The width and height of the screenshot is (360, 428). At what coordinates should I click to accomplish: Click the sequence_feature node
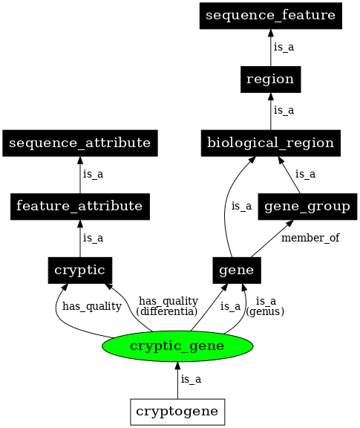[x=270, y=15]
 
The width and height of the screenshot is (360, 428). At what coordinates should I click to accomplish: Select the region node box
[x=270, y=79]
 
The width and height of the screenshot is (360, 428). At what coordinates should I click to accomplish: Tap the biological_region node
[x=270, y=142]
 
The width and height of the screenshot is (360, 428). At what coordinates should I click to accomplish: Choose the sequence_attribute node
[x=79, y=142]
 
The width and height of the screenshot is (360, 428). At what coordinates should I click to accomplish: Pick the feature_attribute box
[x=79, y=205]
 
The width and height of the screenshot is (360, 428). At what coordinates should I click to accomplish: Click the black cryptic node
[x=79, y=269]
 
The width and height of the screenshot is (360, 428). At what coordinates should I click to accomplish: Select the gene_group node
[x=306, y=205]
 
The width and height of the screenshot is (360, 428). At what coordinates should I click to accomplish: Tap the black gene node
[x=237, y=269]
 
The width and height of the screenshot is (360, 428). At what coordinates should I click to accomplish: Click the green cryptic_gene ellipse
[x=177, y=346]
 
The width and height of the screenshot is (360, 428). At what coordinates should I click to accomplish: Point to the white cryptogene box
[x=177, y=410]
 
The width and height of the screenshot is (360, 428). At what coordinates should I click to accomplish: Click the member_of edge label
[x=310, y=239]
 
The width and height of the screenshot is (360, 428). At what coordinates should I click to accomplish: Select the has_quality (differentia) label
[x=168, y=305]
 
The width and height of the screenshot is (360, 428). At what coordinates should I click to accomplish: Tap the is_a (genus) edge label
[x=265, y=305]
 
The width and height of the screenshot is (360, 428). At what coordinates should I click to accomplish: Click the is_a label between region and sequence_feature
[x=284, y=47]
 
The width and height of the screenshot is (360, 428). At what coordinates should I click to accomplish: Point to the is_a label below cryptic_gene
[x=191, y=379]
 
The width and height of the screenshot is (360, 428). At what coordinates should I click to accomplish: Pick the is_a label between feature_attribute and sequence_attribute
[x=93, y=175]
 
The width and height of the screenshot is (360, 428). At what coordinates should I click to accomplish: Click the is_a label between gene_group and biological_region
[x=305, y=175]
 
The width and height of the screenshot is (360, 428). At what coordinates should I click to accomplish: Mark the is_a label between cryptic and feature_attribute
[x=93, y=238]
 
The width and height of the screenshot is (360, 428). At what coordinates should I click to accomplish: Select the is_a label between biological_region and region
[x=284, y=111]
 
